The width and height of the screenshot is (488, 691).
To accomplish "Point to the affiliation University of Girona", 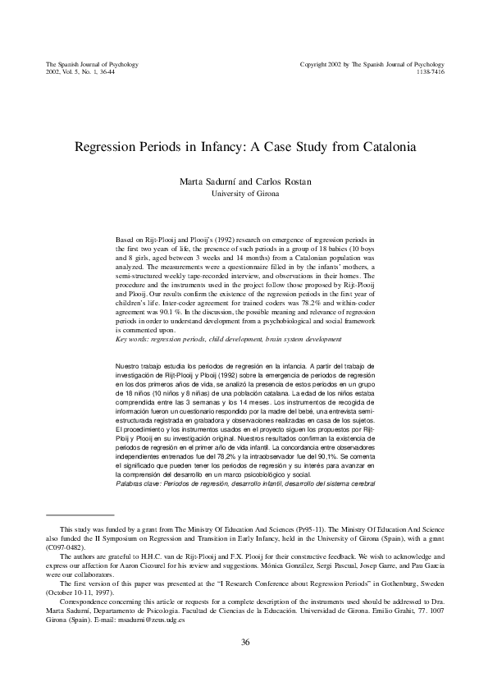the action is click(x=244, y=194).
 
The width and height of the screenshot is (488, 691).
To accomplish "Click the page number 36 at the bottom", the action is click(x=244, y=643).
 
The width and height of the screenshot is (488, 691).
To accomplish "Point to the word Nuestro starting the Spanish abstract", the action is click(x=130, y=363).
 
